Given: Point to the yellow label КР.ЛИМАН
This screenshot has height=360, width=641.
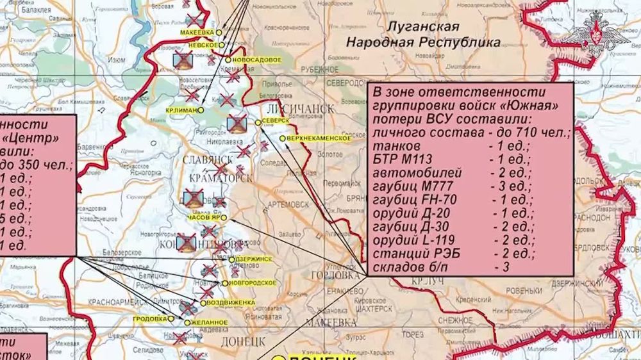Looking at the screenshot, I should [181, 110].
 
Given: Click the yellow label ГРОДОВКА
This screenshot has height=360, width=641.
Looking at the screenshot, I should [151, 318].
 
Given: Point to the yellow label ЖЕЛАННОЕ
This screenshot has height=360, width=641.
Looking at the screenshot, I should [210, 322].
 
